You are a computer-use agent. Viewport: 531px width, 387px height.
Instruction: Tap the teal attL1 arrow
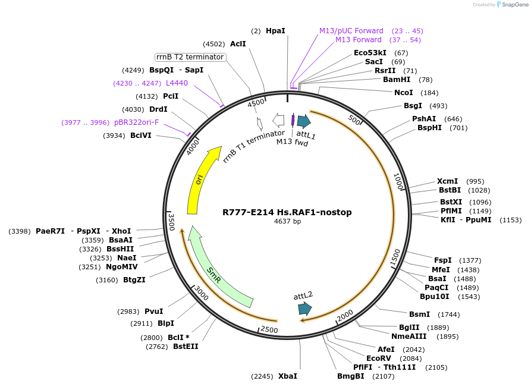click(304, 122)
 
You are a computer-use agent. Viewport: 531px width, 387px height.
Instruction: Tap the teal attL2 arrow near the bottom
click(304, 308)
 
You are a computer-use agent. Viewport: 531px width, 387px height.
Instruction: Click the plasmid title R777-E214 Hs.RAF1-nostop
click(287, 212)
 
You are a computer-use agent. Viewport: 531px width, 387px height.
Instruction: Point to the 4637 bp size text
click(287, 221)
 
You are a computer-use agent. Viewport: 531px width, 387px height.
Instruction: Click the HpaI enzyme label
click(275, 30)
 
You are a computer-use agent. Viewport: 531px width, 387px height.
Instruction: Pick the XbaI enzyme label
click(288, 376)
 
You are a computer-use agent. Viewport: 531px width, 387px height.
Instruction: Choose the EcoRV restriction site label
click(379, 358)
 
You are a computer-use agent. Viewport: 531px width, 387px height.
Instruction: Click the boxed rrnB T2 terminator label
click(190, 57)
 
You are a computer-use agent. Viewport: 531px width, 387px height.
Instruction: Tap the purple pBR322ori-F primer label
click(145, 122)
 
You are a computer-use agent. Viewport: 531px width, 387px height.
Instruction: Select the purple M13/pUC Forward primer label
click(351, 31)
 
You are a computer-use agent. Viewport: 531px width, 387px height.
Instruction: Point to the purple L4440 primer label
click(177, 83)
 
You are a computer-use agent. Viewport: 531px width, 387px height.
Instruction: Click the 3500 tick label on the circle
click(171, 222)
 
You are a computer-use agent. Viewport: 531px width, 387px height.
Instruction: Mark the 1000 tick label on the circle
click(398, 182)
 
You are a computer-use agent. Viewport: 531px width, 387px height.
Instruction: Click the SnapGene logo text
click(514, 5)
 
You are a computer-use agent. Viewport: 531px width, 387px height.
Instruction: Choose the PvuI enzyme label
click(153, 312)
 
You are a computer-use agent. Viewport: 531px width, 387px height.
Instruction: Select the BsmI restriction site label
click(419, 314)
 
